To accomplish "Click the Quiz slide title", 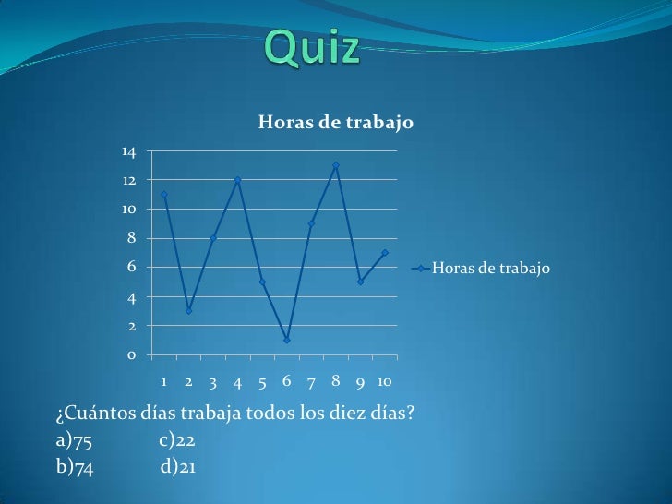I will [313, 47].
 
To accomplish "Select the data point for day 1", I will [163, 194].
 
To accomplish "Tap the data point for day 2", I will [188, 311].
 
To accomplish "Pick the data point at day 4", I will [237, 180].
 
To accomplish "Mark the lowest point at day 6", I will [287, 340].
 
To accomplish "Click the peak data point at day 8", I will [336, 165].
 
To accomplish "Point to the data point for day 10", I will [385, 253].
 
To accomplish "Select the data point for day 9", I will [360, 282].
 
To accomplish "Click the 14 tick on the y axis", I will [127, 150].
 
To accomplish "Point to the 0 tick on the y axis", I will [132, 355].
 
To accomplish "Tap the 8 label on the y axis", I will [132, 238].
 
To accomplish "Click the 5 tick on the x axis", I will [262, 381].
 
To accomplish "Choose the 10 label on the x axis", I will [385, 381].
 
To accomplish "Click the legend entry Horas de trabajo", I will [489, 269].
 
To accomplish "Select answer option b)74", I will [75, 466].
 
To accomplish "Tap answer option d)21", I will [177, 466].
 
